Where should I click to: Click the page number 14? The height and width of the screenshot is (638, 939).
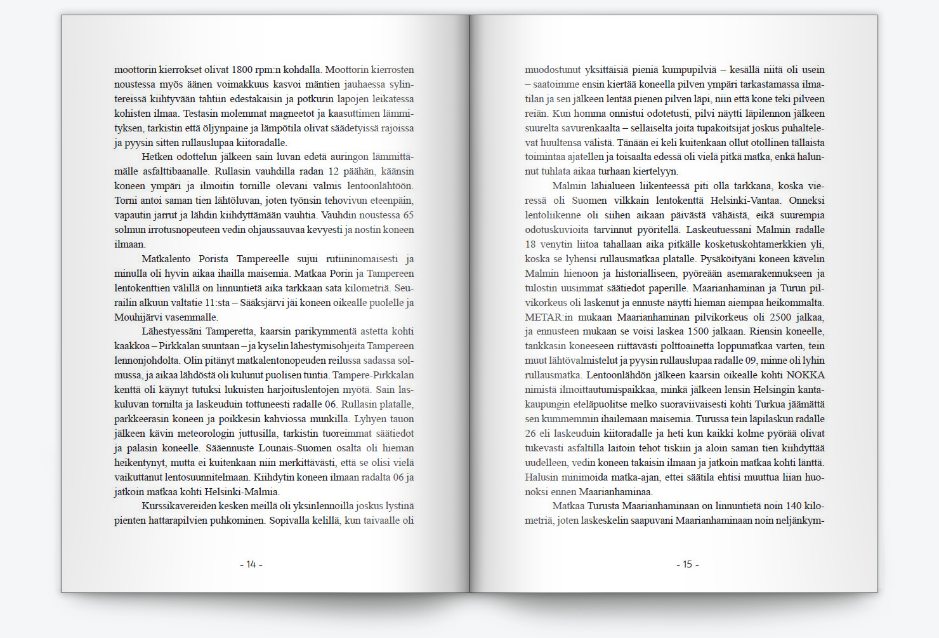point(251,564)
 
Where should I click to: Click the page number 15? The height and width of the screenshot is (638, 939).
point(687,564)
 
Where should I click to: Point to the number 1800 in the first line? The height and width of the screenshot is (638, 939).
point(242,70)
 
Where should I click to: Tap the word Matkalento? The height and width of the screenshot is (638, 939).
point(166,259)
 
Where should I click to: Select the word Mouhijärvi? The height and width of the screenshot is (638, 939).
point(138,317)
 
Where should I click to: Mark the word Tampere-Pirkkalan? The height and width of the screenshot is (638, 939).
point(373,375)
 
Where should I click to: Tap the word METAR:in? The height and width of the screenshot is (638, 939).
point(544,317)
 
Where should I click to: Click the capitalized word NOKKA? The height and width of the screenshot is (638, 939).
point(805,375)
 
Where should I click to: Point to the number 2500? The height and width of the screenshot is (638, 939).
point(780,317)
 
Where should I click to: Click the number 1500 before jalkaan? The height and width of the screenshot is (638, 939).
point(698,331)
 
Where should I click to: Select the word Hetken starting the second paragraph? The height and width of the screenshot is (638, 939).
point(157,157)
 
